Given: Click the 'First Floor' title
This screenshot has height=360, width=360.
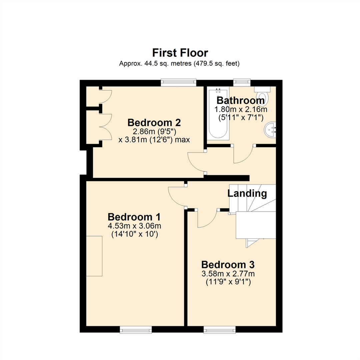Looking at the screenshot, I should coord(180,53).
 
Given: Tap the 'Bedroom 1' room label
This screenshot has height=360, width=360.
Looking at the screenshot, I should coord(134,217).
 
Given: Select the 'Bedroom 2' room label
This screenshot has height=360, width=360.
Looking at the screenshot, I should coord(154,122).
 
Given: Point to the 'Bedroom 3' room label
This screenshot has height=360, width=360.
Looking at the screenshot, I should coord(228,265).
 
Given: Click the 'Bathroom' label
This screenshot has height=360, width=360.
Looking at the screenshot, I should coord(240,100).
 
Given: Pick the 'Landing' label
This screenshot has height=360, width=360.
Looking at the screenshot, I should coord(247,193).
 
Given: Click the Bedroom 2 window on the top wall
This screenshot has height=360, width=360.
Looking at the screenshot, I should coord(178,82).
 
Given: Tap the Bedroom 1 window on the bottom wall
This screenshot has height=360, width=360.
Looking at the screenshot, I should coord(136,330).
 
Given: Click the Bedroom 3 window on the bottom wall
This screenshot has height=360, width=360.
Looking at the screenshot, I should coord(219,330).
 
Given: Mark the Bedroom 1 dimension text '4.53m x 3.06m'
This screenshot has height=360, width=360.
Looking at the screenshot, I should coord(134,226).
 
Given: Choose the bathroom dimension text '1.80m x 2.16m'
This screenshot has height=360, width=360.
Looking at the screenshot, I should coord(240,109).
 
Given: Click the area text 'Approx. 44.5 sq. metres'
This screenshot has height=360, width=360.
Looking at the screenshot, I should coord(149,63).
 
